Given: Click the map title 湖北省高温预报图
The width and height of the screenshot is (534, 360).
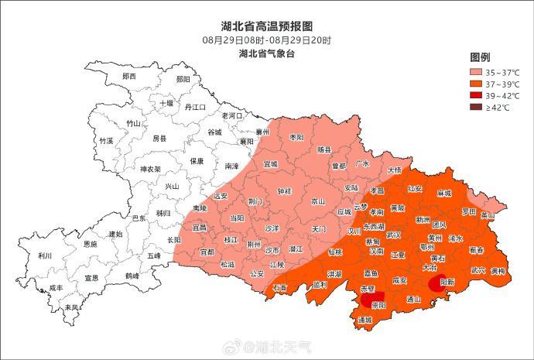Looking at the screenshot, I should [267, 26].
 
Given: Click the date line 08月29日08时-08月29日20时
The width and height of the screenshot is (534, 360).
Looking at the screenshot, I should [267, 39].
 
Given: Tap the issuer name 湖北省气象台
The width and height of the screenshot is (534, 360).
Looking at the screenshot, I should [267, 53].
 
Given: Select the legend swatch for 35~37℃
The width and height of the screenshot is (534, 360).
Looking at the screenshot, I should [478, 72].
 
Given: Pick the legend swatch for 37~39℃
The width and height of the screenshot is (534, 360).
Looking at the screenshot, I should [478, 84].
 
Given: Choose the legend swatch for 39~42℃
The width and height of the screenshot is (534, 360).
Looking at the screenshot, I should [478, 95].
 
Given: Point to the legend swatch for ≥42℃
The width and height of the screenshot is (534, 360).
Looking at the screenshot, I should [478, 107].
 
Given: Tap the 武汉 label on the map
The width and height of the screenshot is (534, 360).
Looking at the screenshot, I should [394, 235].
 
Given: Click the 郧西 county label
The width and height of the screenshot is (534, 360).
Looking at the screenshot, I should [129, 76].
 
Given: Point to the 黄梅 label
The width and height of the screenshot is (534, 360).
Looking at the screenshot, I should [498, 271].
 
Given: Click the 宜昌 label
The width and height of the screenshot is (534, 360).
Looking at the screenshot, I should [200, 228].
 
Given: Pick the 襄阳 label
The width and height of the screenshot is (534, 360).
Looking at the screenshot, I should [246, 142].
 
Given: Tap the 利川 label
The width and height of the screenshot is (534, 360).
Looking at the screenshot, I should [44, 255].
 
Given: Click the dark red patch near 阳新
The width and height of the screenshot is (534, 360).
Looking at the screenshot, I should [437, 283].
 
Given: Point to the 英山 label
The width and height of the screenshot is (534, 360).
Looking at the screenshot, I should [487, 215].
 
